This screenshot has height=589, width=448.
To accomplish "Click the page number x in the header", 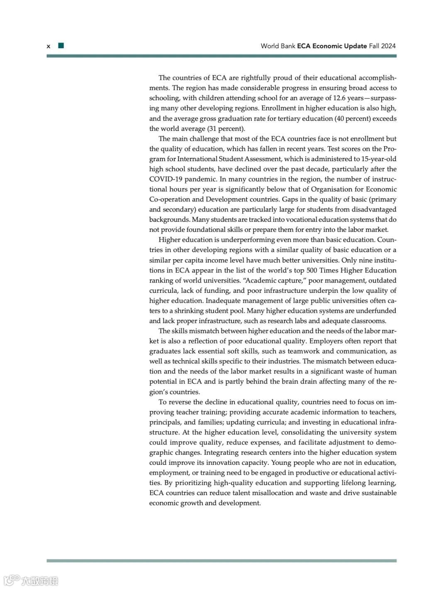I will (49, 46).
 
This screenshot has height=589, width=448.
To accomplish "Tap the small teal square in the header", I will (61, 46).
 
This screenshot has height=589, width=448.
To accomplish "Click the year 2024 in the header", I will (388, 46).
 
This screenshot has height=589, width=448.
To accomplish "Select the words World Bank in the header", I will (278, 46).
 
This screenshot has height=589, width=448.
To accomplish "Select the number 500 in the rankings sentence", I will (312, 270).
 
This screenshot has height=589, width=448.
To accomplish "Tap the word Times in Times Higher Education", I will (329, 270).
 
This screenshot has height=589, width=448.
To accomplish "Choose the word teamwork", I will (304, 351).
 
